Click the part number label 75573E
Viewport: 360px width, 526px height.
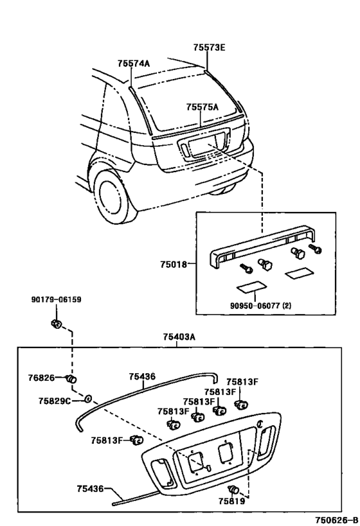point(209,48)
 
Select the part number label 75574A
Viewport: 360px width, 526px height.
point(134,64)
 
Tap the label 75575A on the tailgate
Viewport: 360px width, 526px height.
point(202,107)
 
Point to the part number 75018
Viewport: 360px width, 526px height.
point(174,265)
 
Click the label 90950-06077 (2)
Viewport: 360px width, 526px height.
point(260,306)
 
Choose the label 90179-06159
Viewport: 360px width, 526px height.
point(57,299)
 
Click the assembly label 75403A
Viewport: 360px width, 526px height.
point(179,337)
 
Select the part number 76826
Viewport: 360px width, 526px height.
point(41,378)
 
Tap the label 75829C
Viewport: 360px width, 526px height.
point(55,401)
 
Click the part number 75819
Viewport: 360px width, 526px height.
point(231,501)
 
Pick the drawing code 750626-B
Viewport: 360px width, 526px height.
point(336,520)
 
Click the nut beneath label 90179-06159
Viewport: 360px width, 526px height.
point(56,324)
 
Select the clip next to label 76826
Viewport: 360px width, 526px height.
point(71,379)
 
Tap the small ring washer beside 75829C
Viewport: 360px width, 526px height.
point(87,399)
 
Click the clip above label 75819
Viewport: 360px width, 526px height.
point(233,490)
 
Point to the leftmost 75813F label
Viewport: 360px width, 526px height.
point(107,440)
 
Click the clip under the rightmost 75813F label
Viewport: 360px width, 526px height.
point(241,405)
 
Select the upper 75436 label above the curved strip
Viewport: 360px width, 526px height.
point(142,376)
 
